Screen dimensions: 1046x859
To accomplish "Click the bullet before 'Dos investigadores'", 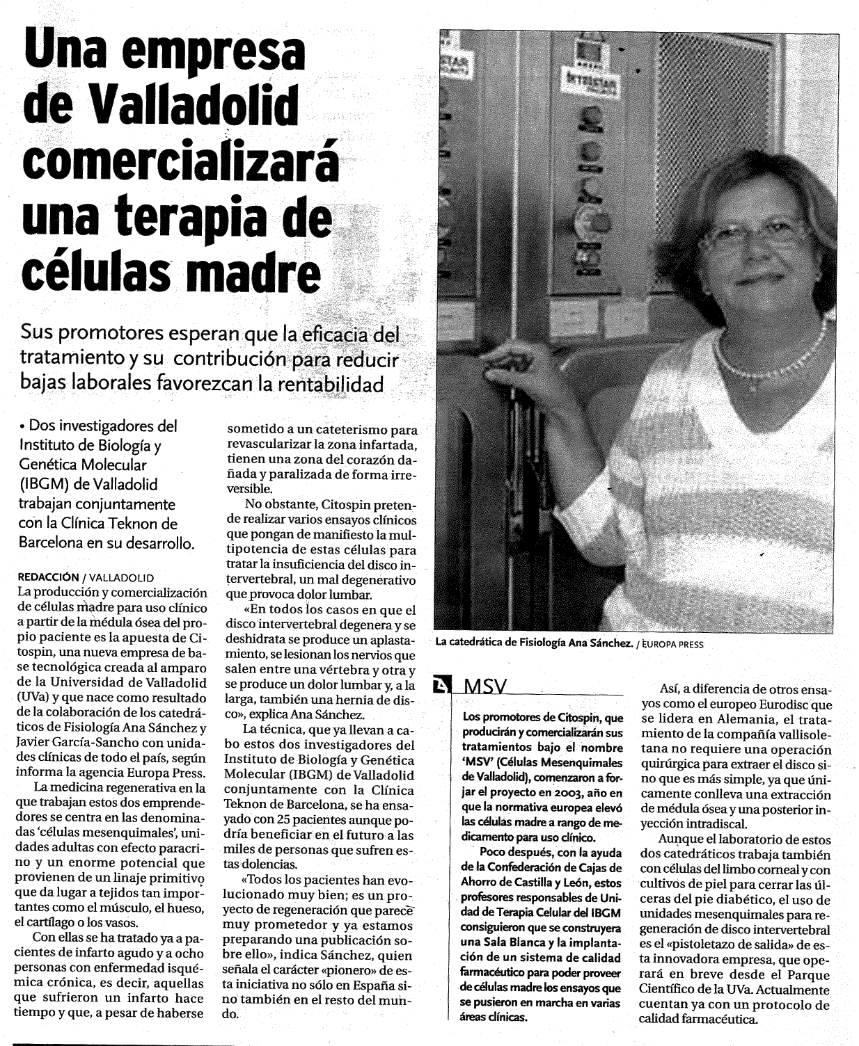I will tap(23, 426).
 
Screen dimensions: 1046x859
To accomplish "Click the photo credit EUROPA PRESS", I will tap(672, 644).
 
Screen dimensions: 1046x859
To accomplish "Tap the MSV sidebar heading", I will tap(484, 687).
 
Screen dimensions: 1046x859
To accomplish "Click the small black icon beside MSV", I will tap(441, 686).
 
